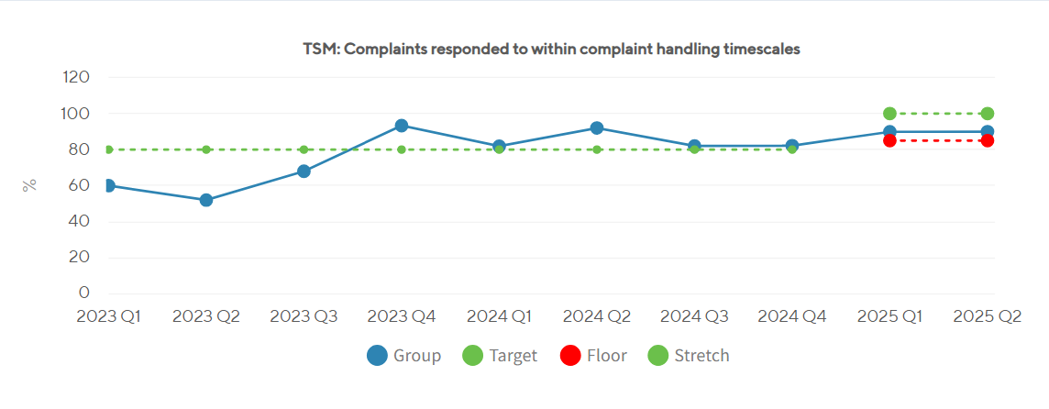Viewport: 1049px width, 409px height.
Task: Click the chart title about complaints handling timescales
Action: (551, 50)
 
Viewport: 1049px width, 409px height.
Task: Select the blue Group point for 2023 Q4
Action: (402, 126)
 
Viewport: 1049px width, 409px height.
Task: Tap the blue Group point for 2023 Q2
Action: (206, 200)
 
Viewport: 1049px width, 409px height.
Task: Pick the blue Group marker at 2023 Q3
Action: (304, 171)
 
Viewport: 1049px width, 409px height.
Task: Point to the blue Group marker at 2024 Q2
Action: (597, 128)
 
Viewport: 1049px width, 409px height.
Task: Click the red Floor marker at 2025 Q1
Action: (889, 140)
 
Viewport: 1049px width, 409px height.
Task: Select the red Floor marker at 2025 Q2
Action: (988, 140)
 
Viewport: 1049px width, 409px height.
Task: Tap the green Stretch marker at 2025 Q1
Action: (889, 114)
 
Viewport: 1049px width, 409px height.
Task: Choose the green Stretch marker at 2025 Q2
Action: (988, 114)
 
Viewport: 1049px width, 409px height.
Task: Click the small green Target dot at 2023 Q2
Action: (206, 149)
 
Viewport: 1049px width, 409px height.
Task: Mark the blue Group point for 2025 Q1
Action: (889, 131)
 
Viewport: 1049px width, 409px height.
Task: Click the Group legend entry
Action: (403, 356)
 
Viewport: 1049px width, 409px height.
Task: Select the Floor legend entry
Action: (593, 356)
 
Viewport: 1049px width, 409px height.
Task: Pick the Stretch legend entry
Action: (689, 356)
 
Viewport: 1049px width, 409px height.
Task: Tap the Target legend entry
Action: (500, 356)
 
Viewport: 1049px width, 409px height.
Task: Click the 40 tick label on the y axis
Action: (79, 221)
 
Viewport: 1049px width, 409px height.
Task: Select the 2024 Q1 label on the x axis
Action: (499, 316)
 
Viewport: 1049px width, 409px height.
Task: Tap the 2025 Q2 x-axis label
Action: (988, 316)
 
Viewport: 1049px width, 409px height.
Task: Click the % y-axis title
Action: (29, 184)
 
